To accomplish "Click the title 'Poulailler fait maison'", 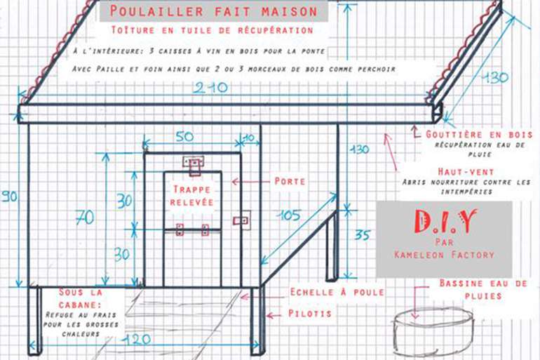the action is coord(213,11).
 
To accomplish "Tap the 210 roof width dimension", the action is coord(210,88).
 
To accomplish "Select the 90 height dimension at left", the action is coord(9,196).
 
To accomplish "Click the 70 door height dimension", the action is coord(85,218).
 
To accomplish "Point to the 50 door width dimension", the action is coord(184,136).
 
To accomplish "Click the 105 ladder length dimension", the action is coord(289,215).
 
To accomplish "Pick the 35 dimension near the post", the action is coord(363,235).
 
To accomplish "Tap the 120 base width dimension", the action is coord(137,340).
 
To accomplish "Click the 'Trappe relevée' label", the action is coord(192,195).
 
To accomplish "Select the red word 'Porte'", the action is coord(290,181).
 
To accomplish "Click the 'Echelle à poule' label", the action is coord(337,292).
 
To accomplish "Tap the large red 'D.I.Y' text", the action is coord(445,221).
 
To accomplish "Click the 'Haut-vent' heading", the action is coord(466,171).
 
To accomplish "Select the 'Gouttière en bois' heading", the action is coord(479,134).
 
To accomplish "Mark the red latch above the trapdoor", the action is coord(194,165).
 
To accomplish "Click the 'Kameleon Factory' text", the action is coord(444,255).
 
